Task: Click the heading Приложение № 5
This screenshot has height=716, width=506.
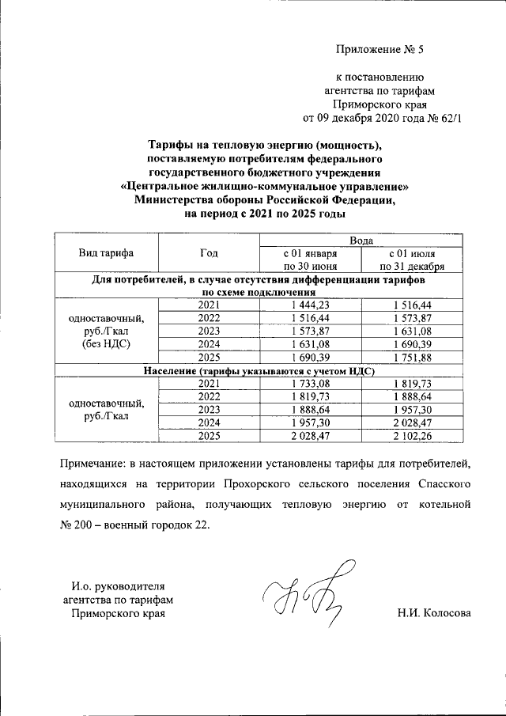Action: pyautogui.click(x=380, y=50)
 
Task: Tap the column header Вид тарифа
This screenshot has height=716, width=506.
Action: pyautogui.click(x=106, y=253)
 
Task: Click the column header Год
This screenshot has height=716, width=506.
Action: pyautogui.click(x=209, y=253)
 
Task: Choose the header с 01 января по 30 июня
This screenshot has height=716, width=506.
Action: pyautogui.click(x=310, y=260)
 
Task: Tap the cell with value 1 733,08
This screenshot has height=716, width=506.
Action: pyautogui.click(x=310, y=384)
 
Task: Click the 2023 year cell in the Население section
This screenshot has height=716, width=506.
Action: pyautogui.click(x=209, y=409)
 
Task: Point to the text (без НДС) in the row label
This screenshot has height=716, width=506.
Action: pyautogui.click(x=106, y=345)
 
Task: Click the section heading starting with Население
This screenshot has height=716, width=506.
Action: pyautogui.click(x=259, y=370)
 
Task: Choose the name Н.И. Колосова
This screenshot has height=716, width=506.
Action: pyautogui.click(x=434, y=613)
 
